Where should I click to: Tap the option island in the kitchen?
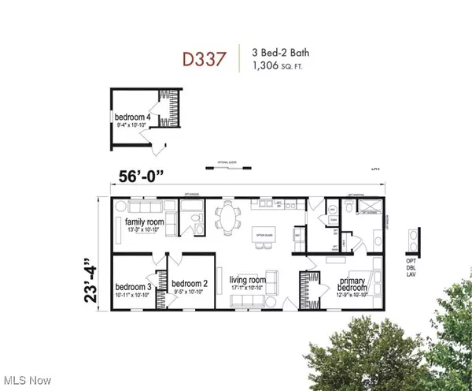tap(264, 235)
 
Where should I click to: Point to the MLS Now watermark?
tap(27, 381)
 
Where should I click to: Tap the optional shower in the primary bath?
tap(366, 207)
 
